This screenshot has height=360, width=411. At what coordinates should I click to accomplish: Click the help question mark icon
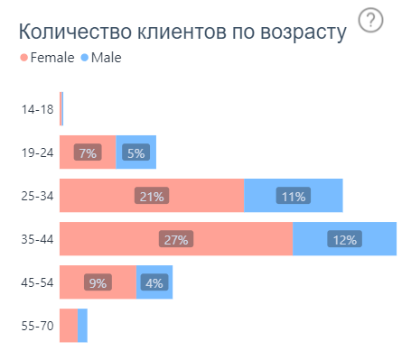370,21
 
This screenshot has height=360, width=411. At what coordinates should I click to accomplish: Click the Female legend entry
46,58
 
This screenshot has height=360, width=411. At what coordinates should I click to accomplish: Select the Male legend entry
100,58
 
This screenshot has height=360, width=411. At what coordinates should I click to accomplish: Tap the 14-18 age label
37,109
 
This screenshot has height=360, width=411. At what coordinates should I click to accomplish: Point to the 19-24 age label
37,152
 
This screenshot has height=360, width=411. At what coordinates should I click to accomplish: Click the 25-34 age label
37,196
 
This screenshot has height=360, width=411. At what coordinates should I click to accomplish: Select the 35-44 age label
37,239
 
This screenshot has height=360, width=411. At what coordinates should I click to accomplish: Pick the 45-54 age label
37,282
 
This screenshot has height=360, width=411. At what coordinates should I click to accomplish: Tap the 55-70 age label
37,326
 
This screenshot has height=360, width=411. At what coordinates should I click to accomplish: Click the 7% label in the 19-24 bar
88,152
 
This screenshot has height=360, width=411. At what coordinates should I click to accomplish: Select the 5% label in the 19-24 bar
135,152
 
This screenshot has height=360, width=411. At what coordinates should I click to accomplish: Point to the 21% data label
151,196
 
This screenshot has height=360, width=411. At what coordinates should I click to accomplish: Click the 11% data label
294,196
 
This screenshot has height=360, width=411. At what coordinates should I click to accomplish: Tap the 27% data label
175,239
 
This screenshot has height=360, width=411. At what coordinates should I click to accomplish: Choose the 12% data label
344,239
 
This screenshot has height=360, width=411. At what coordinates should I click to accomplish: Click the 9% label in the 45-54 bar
98,282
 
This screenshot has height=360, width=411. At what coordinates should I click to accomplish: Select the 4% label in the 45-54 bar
154,282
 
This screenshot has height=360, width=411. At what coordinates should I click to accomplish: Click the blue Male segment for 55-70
82,326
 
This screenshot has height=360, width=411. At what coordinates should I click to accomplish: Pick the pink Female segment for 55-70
68,326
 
